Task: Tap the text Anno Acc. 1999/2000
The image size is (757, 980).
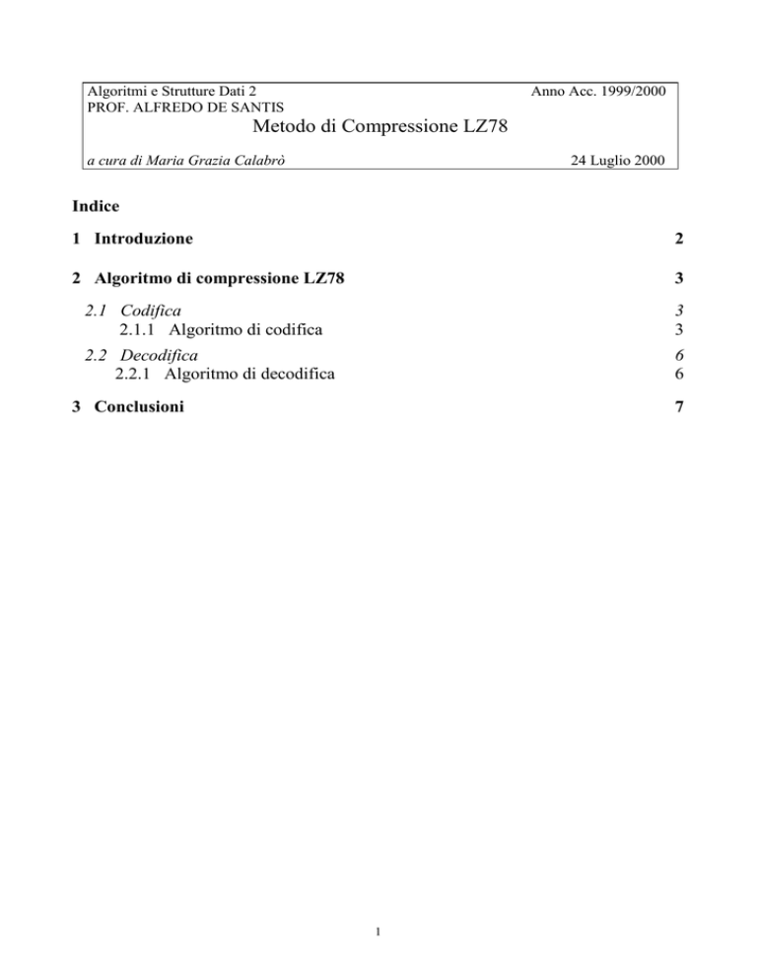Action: pyautogui.click(x=597, y=91)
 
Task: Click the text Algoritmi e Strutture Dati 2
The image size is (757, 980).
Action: pyautogui.click(x=173, y=91)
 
